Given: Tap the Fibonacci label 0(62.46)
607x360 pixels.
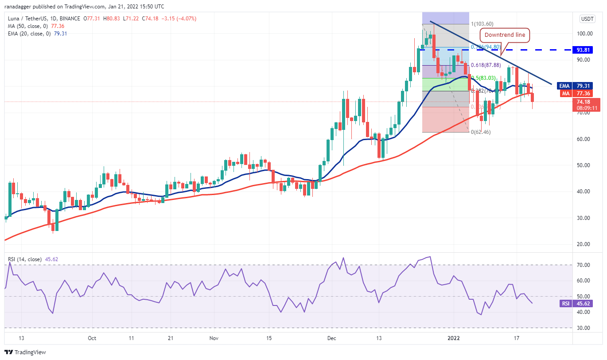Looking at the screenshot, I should [480, 132].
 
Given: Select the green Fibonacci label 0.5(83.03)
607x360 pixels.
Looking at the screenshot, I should [482, 78].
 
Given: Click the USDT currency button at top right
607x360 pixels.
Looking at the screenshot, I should [587, 19].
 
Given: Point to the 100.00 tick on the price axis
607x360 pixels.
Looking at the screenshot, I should [587, 34].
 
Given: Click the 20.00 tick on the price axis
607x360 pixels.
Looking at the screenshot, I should [587, 244].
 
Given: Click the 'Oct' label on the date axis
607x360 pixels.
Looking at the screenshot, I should [92, 338].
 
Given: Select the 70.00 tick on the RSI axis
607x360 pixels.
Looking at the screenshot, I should [587, 265].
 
